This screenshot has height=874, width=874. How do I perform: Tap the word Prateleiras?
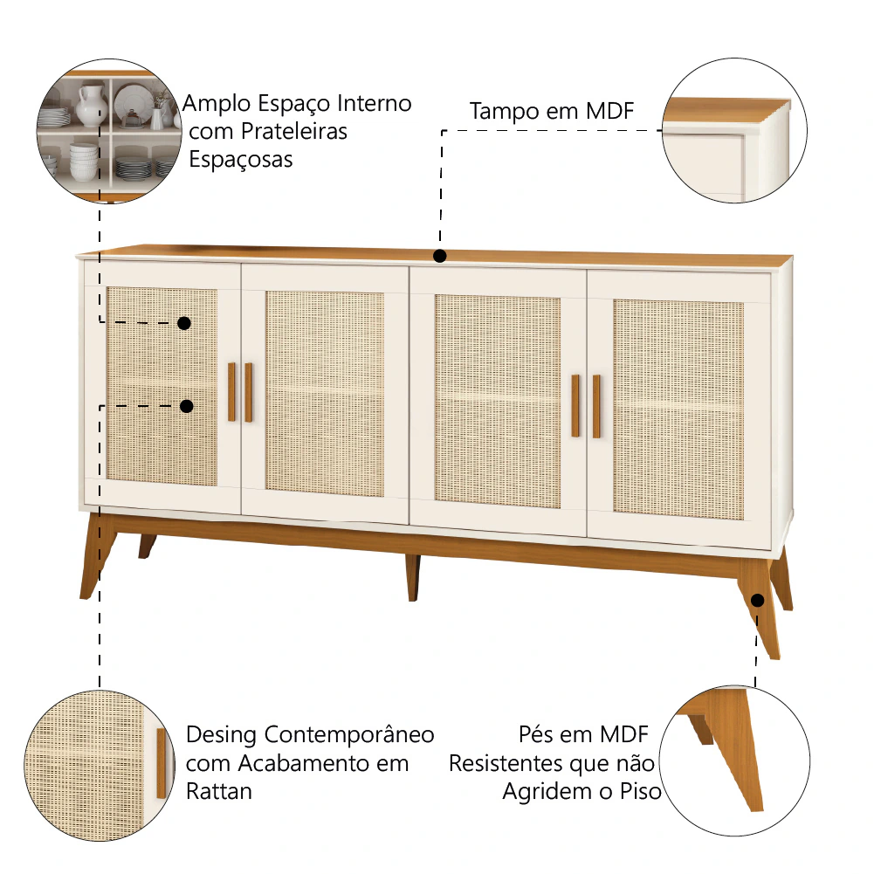293,132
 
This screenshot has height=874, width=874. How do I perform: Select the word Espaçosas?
241,160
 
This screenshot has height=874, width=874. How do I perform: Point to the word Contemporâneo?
349,734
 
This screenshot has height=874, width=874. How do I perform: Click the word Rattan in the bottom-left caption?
219,792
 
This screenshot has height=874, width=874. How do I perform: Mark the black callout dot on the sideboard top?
440,256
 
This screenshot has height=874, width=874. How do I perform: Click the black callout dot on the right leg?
757,601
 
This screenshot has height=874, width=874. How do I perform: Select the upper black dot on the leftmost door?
184,323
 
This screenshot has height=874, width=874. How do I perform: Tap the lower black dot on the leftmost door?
187,406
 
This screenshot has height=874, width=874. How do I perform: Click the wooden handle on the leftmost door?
231,392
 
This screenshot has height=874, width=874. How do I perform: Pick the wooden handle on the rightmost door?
596,406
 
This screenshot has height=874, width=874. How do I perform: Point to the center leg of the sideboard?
412,577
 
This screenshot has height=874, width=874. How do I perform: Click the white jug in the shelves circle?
90,106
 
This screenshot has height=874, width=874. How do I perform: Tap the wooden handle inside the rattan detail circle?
161,762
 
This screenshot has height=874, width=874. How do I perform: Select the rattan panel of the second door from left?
325,393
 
